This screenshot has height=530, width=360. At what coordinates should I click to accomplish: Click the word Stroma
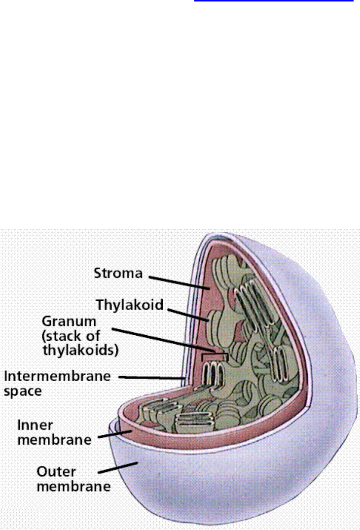(x=118, y=273)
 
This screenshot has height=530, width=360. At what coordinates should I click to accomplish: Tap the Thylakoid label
(x=136, y=305)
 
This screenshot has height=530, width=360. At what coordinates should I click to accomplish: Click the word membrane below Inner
(x=54, y=439)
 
